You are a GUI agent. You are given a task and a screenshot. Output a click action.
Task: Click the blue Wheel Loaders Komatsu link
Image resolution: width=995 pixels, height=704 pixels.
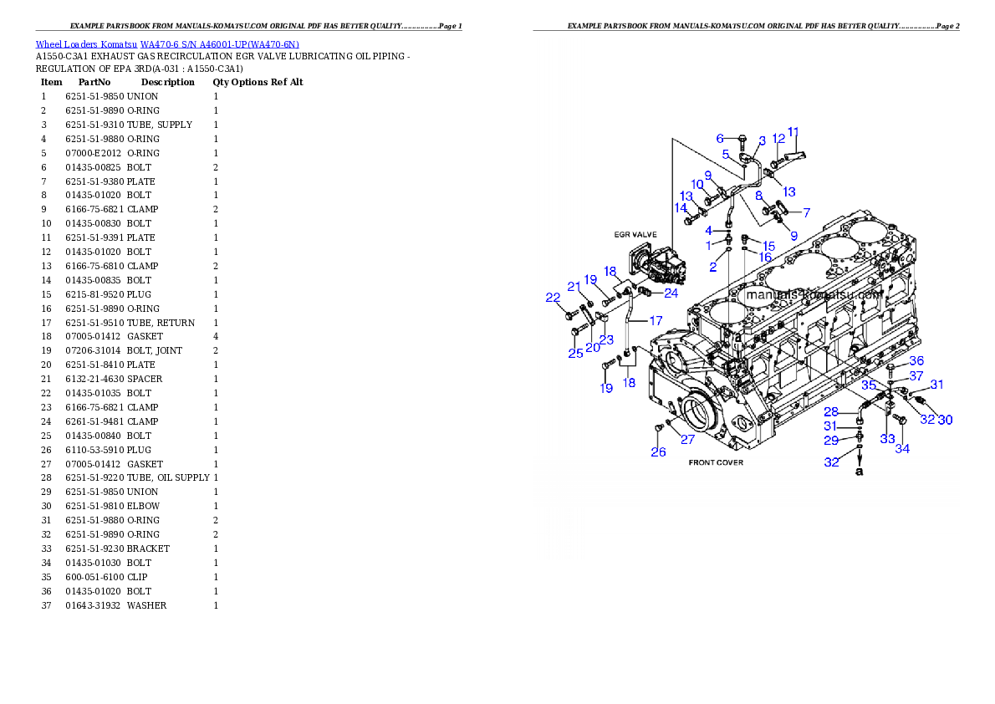tap(167, 44)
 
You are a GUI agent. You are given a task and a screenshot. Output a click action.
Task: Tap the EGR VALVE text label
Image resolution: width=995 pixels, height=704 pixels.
tap(635, 235)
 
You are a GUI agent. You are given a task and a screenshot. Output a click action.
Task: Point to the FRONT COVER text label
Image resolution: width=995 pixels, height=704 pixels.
tap(716, 462)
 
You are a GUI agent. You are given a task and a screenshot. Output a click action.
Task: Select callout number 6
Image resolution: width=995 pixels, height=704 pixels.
tap(719, 138)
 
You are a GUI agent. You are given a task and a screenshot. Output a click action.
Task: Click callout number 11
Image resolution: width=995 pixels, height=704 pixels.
tap(793, 132)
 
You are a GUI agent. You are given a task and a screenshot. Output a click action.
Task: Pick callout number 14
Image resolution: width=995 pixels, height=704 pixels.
tap(681, 207)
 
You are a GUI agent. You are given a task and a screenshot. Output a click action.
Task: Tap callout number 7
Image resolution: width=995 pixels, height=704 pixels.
tap(806, 212)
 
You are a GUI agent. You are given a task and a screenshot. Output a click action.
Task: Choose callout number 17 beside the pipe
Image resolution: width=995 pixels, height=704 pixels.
tap(656, 320)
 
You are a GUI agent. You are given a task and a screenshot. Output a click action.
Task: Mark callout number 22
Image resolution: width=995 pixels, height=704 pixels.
tap(553, 298)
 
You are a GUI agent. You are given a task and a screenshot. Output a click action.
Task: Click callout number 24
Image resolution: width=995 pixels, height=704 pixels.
tap(671, 293)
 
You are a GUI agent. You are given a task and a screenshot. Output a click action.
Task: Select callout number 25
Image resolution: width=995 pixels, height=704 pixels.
tap(575, 354)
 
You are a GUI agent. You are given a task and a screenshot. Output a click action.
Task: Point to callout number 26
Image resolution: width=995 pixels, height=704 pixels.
tap(659, 452)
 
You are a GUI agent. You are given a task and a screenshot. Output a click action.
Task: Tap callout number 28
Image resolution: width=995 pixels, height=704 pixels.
tap(830, 412)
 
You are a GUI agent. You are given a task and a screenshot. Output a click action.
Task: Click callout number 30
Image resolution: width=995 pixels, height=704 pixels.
tap(944, 420)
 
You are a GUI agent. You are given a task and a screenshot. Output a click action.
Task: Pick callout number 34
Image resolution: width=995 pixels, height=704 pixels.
tap(902, 449)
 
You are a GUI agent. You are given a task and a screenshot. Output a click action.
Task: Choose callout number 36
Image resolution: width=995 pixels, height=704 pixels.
tap(916, 360)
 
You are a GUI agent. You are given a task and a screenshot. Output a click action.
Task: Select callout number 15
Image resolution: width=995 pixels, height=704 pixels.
tap(768, 246)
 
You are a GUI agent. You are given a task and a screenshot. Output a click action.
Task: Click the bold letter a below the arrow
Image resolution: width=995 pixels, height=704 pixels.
tap(859, 472)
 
